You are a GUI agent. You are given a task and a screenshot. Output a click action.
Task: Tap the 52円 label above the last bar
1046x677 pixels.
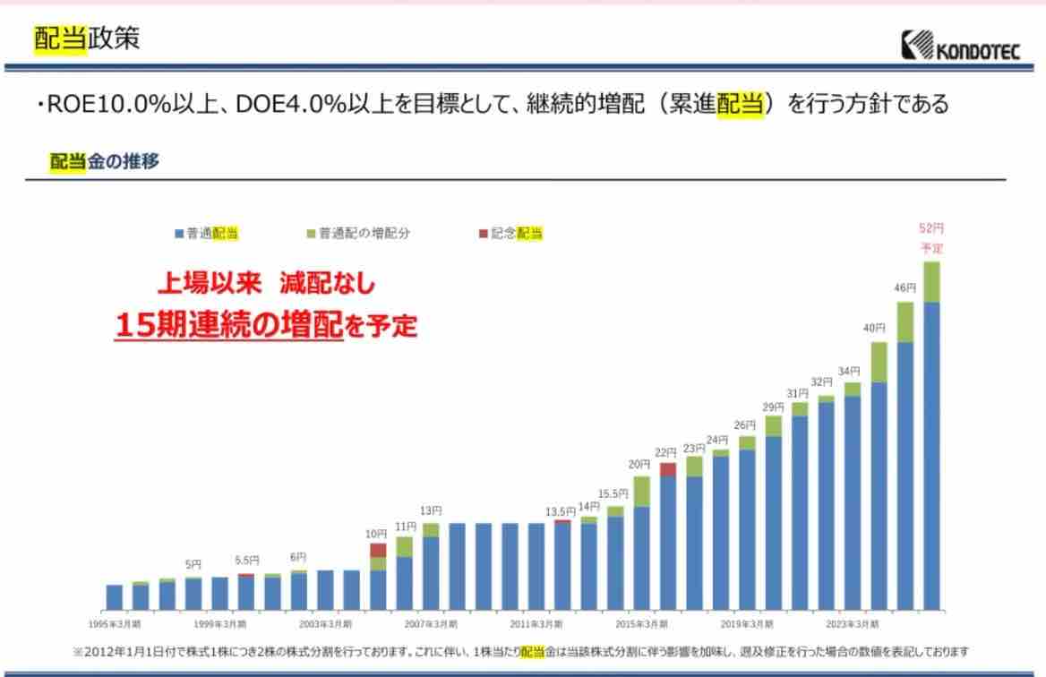click(x=931, y=228)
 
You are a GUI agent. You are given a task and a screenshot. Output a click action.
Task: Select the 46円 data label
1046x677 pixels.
click(x=905, y=287)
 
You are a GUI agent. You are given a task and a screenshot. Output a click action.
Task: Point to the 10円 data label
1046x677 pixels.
click(x=377, y=534)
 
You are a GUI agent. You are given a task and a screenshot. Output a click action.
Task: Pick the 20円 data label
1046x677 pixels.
click(x=639, y=464)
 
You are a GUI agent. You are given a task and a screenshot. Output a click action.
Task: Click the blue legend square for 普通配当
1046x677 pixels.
click(x=179, y=234)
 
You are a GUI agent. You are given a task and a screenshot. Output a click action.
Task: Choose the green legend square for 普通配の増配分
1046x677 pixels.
click(x=312, y=234)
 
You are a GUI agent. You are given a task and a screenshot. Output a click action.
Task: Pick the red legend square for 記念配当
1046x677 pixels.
click(x=484, y=234)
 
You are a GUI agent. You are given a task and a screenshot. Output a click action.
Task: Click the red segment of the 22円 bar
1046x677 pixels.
click(x=667, y=469)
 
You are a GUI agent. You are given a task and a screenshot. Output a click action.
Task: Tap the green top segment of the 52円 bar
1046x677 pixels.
click(x=931, y=282)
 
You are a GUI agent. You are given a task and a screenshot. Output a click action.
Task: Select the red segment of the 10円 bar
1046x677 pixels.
click(x=378, y=550)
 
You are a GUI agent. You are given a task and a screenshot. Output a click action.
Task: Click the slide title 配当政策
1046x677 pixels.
click(x=87, y=39)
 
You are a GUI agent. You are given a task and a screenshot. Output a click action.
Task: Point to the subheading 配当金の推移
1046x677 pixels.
click(x=105, y=161)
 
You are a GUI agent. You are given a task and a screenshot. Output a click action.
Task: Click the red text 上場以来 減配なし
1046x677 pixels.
click(x=266, y=285)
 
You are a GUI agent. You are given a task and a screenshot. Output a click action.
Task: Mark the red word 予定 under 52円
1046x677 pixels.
click(x=931, y=248)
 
